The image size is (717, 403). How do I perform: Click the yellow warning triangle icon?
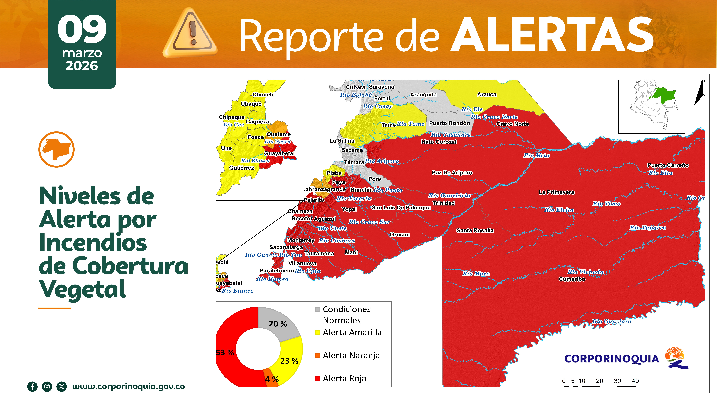point(190,33)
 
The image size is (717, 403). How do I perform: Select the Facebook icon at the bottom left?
point(32,387)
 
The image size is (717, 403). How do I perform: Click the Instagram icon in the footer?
point(47,387)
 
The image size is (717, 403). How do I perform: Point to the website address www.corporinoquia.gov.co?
point(128,386)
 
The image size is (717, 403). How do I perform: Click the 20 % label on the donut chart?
point(277,324)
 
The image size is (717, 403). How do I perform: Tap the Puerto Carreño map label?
point(668,165)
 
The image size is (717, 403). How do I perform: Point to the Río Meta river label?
point(536,155)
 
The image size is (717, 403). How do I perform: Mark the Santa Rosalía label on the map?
point(475,230)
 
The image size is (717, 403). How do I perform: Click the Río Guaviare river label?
point(611,321)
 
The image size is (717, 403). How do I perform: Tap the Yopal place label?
point(349,209)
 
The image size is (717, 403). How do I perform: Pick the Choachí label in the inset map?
point(263,95)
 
